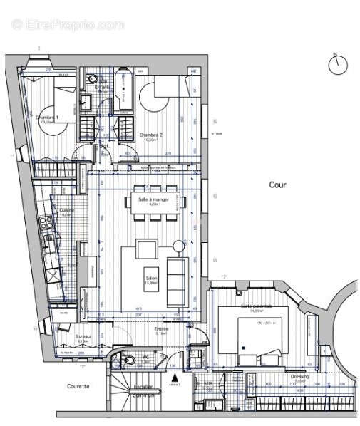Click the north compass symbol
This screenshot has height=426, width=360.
(x=337, y=64)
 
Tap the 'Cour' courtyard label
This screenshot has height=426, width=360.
(x=277, y=185)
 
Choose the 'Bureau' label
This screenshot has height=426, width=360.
(x=82, y=336)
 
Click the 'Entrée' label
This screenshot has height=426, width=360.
(x=162, y=328)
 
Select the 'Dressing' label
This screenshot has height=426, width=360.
(x=300, y=376)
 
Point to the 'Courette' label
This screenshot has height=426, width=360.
(x=78, y=387)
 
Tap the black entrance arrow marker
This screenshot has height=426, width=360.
(x=174, y=377)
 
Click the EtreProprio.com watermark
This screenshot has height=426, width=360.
(x=68, y=24)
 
